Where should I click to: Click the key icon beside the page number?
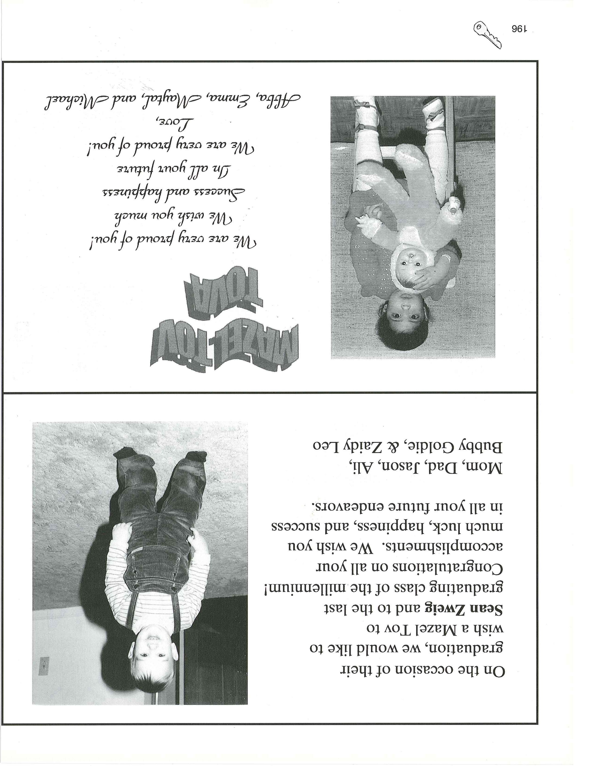point(488,34)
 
